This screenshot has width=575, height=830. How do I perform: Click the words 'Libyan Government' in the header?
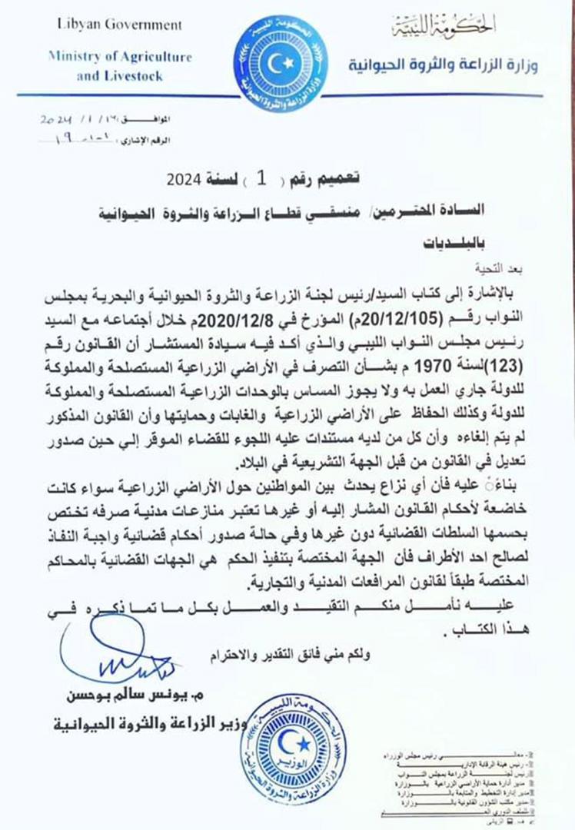pos(120,25)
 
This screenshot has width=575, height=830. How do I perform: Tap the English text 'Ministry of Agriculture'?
pos(119,57)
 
